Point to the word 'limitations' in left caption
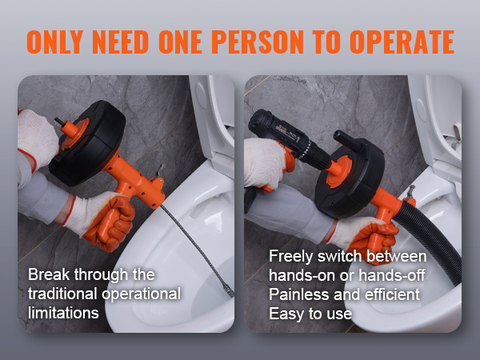[x=64, y=312]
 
